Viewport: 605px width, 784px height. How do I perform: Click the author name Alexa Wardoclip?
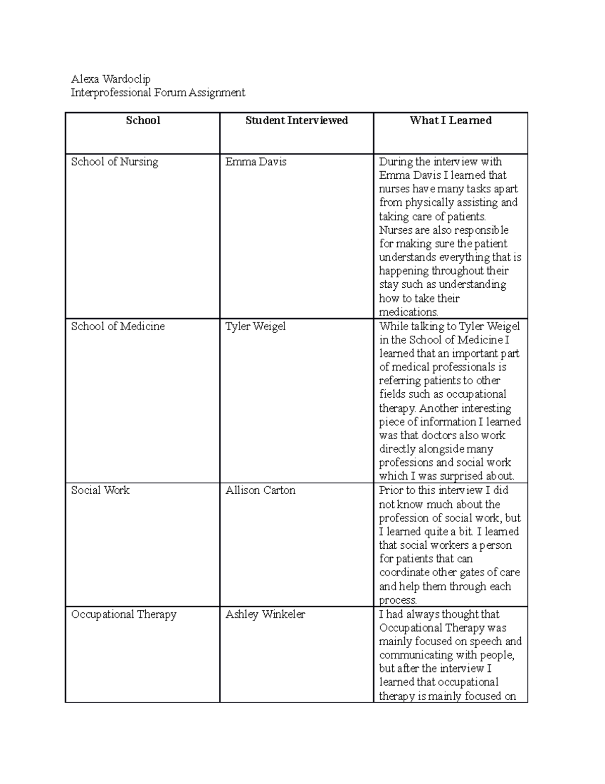click(x=110, y=79)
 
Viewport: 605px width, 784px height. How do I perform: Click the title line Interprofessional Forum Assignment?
click(x=158, y=92)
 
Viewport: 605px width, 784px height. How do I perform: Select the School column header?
click(x=143, y=120)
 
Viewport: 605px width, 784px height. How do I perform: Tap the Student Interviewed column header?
click(x=296, y=120)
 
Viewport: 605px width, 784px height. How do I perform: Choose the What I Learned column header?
click(x=450, y=120)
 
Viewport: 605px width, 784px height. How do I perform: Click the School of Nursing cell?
click(x=114, y=162)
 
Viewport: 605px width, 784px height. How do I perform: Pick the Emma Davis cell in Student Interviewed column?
click(x=256, y=162)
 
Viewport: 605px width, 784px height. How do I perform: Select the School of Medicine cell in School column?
click(x=118, y=326)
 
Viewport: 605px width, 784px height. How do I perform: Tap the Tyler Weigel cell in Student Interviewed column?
click(x=255, y=326)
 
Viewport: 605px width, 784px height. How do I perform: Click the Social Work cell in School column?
click(x=100, y=490)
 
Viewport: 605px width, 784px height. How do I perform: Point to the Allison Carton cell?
click(x=260, y=490)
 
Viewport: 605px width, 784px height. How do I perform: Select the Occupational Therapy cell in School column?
click(x=124, y=614)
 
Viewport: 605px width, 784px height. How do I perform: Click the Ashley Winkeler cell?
click(x=265, y=614)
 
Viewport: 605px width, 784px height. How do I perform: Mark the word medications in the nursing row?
click(x=408, y=312)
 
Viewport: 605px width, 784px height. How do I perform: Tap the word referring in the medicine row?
click(x=400, y=381)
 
